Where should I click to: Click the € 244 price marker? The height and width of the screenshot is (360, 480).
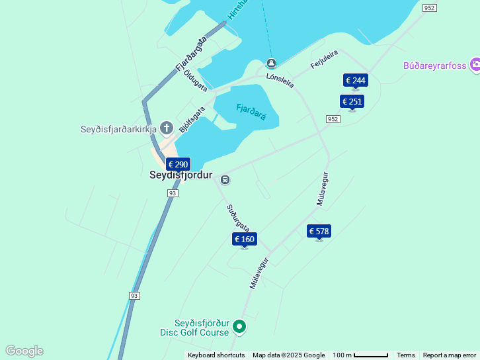[x=355, y=81]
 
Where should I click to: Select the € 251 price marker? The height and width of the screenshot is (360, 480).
[x=352, y=102]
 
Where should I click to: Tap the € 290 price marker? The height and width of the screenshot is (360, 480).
[x=178, y=165]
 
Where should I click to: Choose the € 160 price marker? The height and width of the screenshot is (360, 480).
[x=244, y=240]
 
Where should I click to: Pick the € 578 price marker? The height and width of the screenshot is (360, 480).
[x=319, y=232]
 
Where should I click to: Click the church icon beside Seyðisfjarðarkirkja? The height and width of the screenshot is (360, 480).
[x=167, y=128]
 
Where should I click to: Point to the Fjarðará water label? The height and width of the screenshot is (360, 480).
[x=251, y=112]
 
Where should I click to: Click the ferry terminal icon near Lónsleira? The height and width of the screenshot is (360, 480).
[x=271, y=64]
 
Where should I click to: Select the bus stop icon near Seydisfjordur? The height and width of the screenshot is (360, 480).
[x=225, y=179]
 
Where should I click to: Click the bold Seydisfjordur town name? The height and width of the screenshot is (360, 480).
[x=180, y=176]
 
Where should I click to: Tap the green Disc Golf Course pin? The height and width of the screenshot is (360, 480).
[x=239, y=327]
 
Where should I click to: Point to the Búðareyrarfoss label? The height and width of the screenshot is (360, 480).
[x=435, y=66]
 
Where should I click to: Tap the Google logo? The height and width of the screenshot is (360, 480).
[x=24, y=351]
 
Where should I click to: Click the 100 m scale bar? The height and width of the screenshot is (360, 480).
[x=360, y=355]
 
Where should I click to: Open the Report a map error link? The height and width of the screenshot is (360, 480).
[x=449, y=355]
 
